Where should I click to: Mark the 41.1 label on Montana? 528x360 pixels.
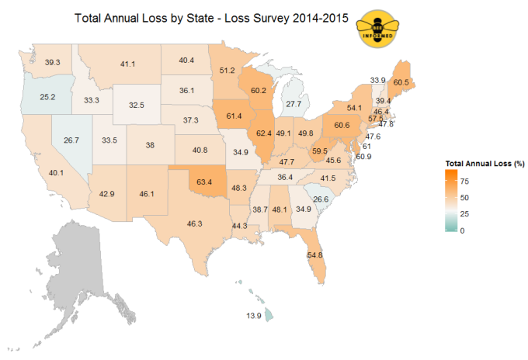[x=128, y=64]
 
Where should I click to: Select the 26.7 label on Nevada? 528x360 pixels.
[x=71, y=140]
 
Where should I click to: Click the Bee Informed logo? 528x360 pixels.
[x=378, y=29]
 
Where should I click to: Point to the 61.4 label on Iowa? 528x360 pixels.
[x=234, y=116]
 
